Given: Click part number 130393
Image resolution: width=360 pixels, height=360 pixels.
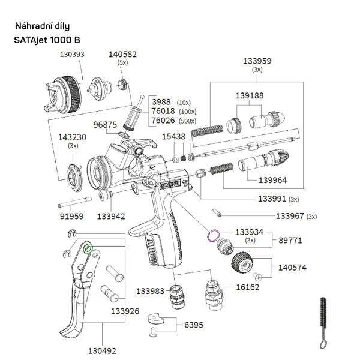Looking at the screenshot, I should click(73, 53).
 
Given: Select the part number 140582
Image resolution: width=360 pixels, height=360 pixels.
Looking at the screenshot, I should click(122, 54).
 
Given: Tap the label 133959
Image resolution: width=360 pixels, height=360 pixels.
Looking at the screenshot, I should click(257, 61).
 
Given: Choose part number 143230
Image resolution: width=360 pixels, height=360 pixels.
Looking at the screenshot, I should click(73, 137).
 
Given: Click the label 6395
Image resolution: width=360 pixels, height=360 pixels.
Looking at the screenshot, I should click(193, 324).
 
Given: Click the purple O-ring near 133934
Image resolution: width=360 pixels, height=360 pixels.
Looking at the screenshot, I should click(213, 235).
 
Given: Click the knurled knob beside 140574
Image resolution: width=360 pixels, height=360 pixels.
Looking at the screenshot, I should click(244, 263).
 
